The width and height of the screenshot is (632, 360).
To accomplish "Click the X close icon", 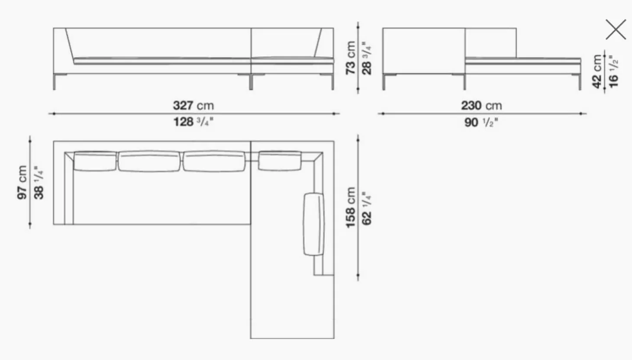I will tap(616, 30).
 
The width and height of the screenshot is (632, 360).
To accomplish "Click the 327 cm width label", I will tap(193, 105).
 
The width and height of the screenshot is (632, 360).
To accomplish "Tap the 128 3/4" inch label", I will tap(193, 122).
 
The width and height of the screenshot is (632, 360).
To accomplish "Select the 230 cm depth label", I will tap(481, 105).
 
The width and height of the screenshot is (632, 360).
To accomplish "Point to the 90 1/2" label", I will tap(481, 122).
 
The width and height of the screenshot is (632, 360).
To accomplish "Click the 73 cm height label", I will tap(351, 58).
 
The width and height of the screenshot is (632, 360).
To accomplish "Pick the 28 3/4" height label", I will tap(367, 58).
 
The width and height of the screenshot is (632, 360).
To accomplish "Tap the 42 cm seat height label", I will tap(597, 71).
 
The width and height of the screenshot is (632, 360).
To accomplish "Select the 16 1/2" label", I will tap(613, 71).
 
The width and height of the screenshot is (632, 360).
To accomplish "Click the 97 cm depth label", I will tap(22, 182).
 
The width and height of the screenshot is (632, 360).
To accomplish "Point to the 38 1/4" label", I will tap(39, 182).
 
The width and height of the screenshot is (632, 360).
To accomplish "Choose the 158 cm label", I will tap(351, 207).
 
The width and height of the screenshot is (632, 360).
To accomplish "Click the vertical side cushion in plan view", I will tap(313, 224).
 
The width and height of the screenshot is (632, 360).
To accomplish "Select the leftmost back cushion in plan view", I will tap(95, 161).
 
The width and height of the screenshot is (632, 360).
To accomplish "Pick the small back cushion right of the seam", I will tap(280, 161).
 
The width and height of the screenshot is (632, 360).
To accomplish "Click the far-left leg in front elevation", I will tap(55, 82).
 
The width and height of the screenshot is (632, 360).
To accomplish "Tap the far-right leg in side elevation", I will tap(580, 82).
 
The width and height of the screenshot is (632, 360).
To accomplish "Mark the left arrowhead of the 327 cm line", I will tap(51, 114).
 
